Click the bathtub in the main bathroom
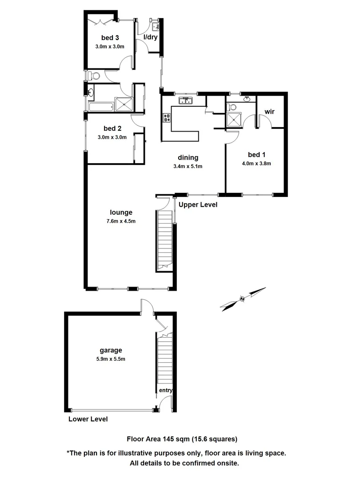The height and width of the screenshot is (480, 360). (100, 107)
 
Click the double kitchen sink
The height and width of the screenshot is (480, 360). (185, 101)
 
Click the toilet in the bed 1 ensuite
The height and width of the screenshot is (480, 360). (231, 107)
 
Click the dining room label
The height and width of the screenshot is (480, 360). (188, 157)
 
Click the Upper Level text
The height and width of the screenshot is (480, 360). (198, 205)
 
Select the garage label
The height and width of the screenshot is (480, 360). (111, 350)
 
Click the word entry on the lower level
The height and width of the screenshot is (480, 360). (166, 391)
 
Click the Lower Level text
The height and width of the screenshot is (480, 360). (88, 419)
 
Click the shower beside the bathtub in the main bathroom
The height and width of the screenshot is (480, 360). (124, 104)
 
